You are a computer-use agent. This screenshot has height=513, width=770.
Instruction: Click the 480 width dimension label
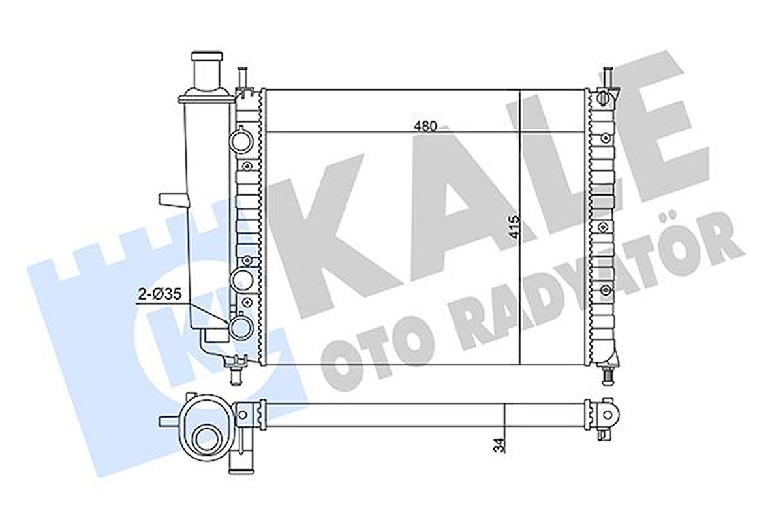425,126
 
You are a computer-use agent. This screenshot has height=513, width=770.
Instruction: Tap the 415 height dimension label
514,228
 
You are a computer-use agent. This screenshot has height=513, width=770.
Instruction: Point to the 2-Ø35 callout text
160,294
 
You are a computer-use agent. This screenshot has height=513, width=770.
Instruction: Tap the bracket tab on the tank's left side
173,200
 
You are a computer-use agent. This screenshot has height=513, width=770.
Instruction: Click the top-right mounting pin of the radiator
608,77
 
